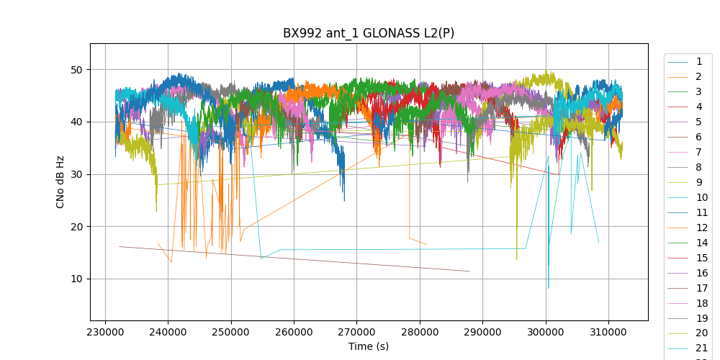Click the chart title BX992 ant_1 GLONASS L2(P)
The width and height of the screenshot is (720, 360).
pos(368,33)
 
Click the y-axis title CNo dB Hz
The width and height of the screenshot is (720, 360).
pos(60,181)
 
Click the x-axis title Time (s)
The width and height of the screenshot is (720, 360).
pos(369,346)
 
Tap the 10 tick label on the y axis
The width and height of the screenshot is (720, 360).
pos(76,279)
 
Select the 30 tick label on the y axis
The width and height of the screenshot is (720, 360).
pos(76,174)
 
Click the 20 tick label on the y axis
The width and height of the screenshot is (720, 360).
pos(76,227)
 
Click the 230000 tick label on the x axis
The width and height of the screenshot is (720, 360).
pos(106,332)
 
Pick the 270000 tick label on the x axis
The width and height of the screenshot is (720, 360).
pos(357,332)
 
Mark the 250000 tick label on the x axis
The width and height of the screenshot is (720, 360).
pos(231,332)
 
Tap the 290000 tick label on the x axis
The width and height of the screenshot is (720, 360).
pos(482,332)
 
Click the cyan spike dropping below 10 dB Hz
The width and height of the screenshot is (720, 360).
pos(548,287)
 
